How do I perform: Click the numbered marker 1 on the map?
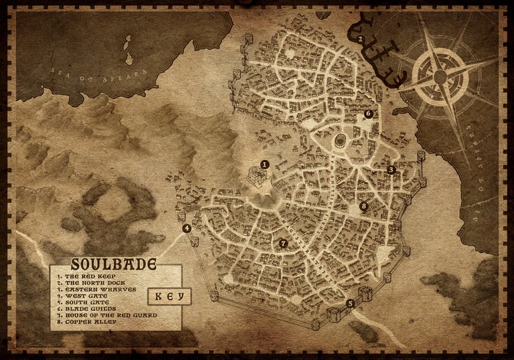[x=264, y=163]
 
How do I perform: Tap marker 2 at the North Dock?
[x=360, y=39]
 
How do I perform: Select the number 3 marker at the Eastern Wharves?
[x=392, y=170]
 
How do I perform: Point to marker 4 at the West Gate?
[x=187, y=228]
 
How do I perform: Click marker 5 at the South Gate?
[x=350, y=303]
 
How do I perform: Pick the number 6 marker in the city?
[x=368, y=114]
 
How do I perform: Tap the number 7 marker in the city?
[x=283, y=244]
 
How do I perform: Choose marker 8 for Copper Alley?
[x=363, y=206]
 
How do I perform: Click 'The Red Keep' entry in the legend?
[x=84, y=275]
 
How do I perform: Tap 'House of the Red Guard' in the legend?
[x=107, y=314]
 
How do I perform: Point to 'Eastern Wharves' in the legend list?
[x=96, y=288]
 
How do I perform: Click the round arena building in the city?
[x=340, y=140]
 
